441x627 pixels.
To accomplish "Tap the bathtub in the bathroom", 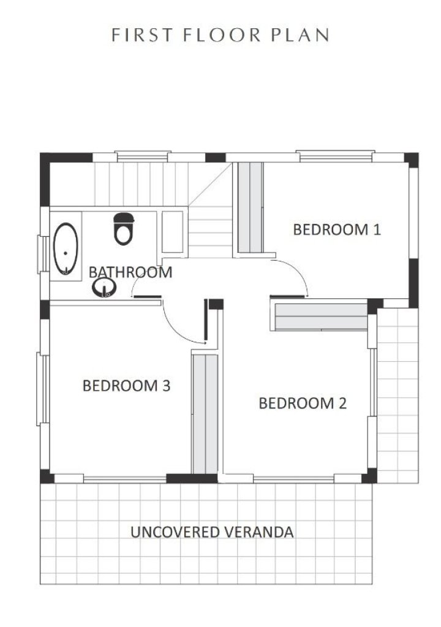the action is tap(66, 249).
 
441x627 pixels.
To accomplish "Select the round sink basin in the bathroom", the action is tap(104, 287).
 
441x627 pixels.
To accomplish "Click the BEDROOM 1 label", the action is tap(337, 230).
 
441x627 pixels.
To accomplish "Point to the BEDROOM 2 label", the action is tap(303, 403).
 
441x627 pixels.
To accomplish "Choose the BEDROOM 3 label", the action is tap(126, 386).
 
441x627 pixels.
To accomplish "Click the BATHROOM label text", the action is tap(130, 272).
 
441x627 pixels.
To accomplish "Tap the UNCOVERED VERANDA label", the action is tap(212, 532).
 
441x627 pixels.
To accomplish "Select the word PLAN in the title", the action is tap(300, 35).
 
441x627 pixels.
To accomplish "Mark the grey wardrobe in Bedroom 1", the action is tap(251, 207).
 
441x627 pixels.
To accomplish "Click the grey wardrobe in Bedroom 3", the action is tap(205, 414).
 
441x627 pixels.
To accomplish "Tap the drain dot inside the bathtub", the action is tap(65, 253).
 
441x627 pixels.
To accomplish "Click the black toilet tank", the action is tap(124, 217).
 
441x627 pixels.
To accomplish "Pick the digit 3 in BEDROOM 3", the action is tap(166, 386).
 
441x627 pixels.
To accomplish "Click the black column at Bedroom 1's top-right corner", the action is tap(412, 159).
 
